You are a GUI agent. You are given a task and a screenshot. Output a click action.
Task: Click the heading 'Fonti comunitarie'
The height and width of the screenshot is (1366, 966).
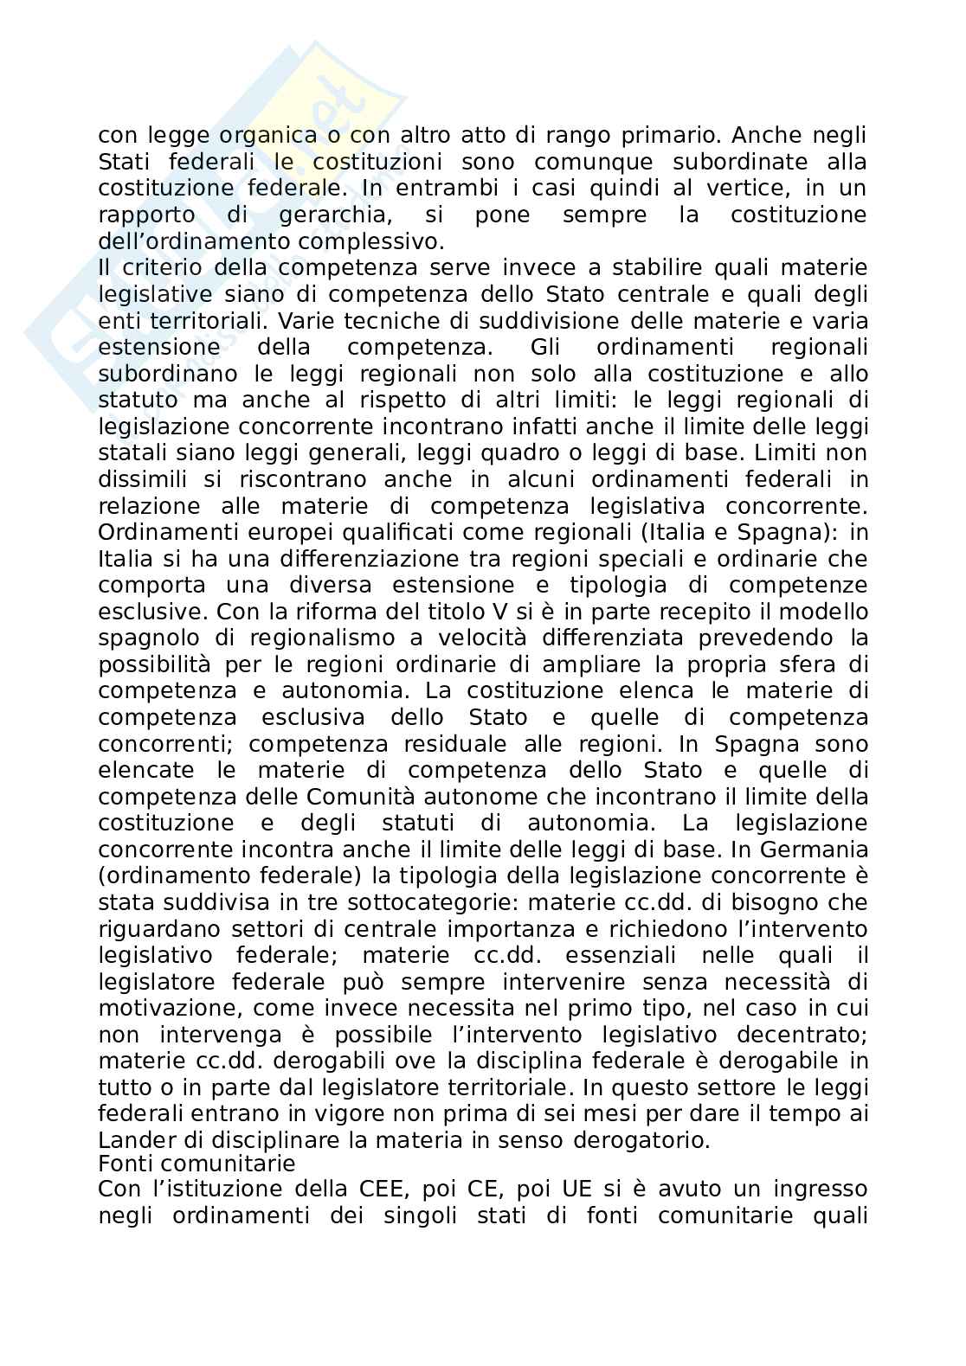point(196,1164)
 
